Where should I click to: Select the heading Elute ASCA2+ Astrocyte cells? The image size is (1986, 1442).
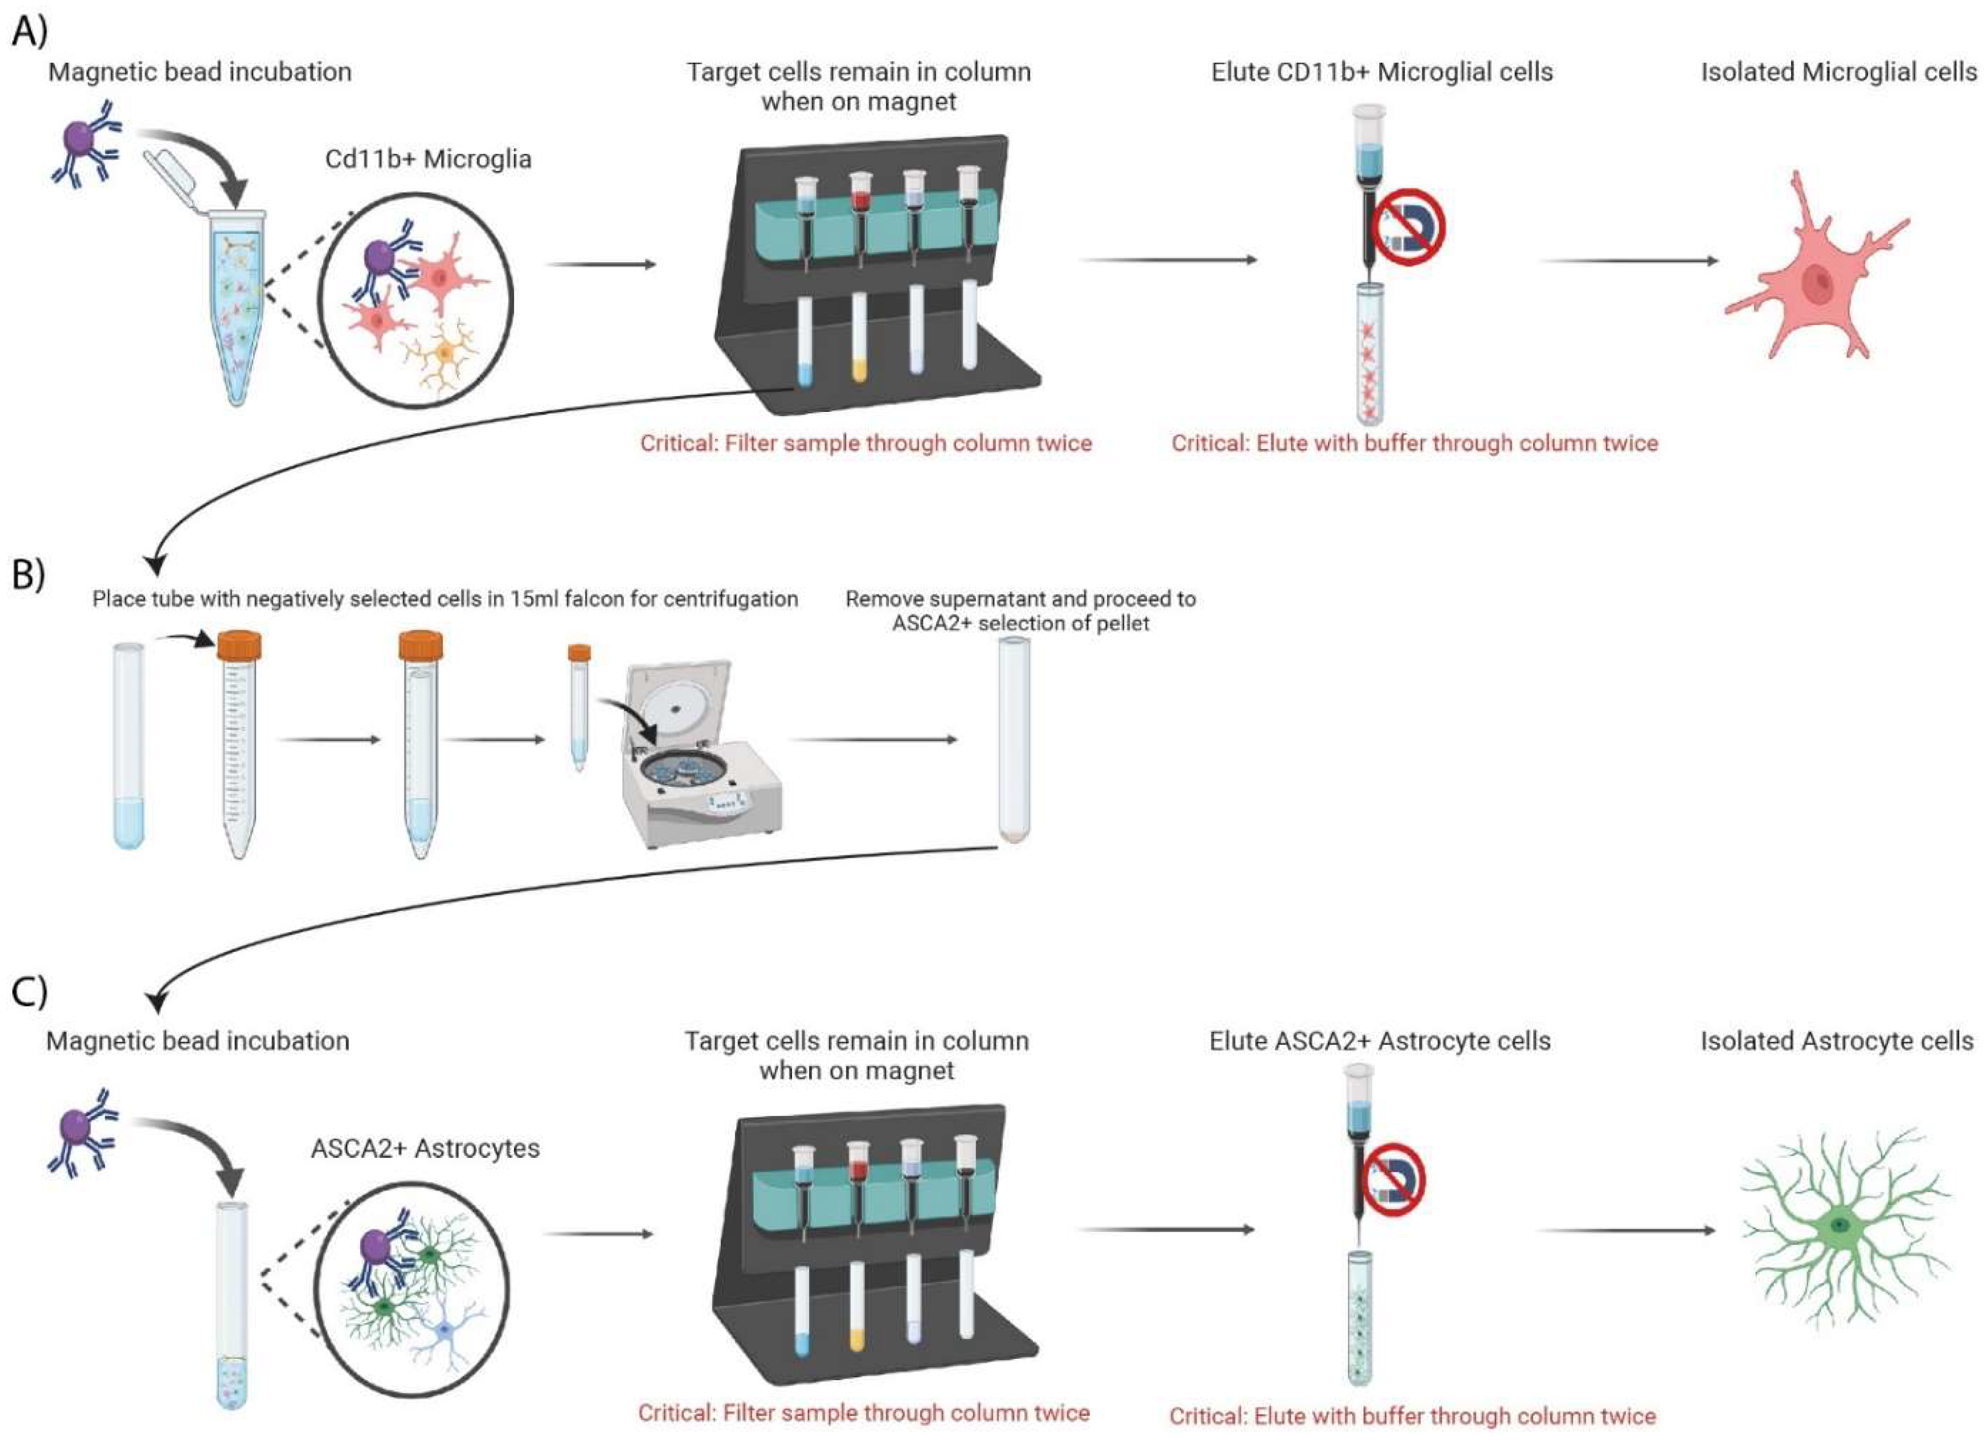1380,1041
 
